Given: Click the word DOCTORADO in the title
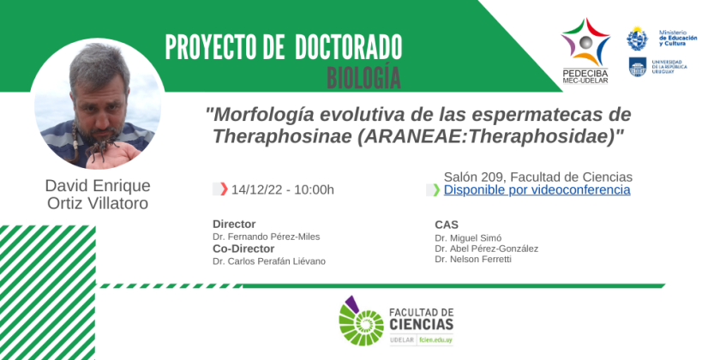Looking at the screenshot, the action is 349,47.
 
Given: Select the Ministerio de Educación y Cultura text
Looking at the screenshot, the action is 678,38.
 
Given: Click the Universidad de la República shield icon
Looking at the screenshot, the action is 638,68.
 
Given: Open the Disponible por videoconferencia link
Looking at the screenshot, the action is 537,189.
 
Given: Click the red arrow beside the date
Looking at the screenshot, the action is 224,189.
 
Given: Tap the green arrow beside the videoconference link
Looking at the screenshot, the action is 436,189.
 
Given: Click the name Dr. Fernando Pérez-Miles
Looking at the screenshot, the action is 267,237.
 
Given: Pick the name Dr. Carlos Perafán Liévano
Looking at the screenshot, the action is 269,261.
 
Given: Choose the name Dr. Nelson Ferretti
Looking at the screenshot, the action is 473,260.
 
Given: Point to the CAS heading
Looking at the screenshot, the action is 447,225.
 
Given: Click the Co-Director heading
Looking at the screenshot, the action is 243,249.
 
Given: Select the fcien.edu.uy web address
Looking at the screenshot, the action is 435,341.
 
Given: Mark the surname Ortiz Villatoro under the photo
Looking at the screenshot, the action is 98,203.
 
